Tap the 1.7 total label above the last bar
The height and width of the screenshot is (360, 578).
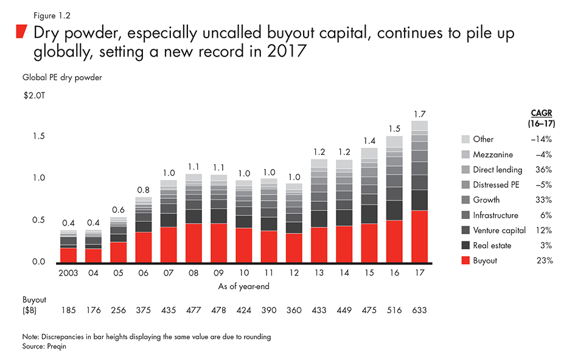coord(419,114)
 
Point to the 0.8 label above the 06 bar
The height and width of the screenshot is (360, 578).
coord(144,189)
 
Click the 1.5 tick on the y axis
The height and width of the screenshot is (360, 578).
coord(40,137)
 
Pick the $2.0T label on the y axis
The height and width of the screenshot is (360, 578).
coord(37,95)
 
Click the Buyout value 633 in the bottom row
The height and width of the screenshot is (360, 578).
coord(419,310)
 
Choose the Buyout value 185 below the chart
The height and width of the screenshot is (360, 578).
coord(68,310)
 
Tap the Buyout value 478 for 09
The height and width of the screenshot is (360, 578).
coord(218,310)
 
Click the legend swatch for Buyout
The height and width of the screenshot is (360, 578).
coord(466,261)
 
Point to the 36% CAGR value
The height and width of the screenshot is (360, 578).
coord(545,170)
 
